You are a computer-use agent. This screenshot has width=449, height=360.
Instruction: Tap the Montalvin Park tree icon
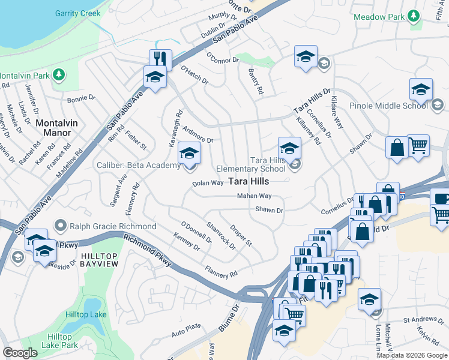59,74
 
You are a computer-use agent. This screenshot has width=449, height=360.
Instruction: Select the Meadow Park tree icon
413,16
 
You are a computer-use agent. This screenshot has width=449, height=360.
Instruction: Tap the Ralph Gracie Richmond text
113,227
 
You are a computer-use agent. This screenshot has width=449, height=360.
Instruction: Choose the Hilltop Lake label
86,315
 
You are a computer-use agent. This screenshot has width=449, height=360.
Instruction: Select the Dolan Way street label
208,182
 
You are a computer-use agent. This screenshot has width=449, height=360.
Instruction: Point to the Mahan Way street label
254,196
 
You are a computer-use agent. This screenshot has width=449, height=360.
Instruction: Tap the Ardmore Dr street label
197,136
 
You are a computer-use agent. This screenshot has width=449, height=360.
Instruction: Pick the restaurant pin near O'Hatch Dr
160,59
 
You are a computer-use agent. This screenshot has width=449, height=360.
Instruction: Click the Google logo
20,353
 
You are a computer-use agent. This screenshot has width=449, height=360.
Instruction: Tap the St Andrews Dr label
422,320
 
